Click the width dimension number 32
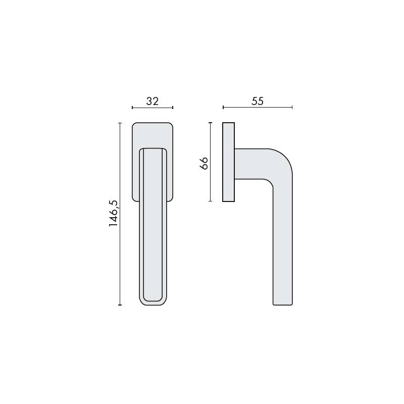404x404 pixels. click(153, 101)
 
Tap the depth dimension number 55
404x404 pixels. click(258, 101)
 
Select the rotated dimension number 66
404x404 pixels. click(204, 163)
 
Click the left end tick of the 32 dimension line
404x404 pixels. click(132, 108)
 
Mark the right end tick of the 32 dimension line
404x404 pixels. click(173, 108)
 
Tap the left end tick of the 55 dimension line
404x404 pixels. click(223, 108)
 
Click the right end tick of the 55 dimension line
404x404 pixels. click(292, 108)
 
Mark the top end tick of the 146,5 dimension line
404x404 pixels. click(120, 123)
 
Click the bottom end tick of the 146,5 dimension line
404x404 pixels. click(120, 305)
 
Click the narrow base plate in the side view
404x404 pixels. click(229, 162)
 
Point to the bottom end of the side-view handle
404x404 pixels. click(283, 304)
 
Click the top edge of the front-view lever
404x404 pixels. click(153, 148)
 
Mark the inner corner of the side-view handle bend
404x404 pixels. click(271, 183)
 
